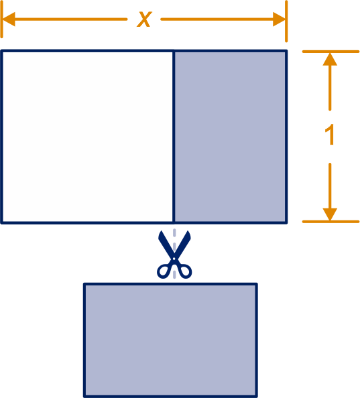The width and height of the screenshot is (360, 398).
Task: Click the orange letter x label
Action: [x=144, y=19]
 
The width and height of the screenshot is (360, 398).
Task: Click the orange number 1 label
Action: [x=330, y=135]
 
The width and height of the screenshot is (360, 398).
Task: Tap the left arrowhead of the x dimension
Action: [x=9, y=19]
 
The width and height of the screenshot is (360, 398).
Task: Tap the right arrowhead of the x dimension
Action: [x=279, y=19]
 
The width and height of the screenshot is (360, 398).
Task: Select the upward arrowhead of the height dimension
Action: [x=330, y=59]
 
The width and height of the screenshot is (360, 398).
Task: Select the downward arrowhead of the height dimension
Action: [x=330, y=214]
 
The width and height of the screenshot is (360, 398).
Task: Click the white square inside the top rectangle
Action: [x=87, y=137]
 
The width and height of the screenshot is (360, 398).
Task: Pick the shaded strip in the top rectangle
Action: [x=230, y=137]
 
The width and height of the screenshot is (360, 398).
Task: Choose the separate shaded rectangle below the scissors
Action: [x=170, y=340]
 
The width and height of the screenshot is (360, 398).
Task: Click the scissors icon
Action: [x=174, y=255]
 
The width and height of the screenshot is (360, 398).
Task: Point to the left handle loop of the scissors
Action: [x=164, y=271]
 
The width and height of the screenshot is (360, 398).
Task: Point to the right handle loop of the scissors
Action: [x=184, y=271]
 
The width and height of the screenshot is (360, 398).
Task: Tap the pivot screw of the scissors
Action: [x=174, y=259]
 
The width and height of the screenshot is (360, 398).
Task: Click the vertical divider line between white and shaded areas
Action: [x=174, y=137]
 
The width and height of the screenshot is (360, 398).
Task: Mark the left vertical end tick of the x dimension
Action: [x=1, y=19]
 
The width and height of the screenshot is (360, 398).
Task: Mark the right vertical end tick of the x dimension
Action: [x=286, y=21]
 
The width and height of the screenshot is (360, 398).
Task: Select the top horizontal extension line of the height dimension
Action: [x=331, y=52]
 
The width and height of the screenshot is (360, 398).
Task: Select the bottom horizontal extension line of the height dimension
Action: [x=331, y=222]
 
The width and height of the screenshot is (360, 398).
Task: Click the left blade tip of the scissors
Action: [x=160, y=231]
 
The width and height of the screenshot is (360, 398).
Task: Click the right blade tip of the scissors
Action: [x=188, y=231]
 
